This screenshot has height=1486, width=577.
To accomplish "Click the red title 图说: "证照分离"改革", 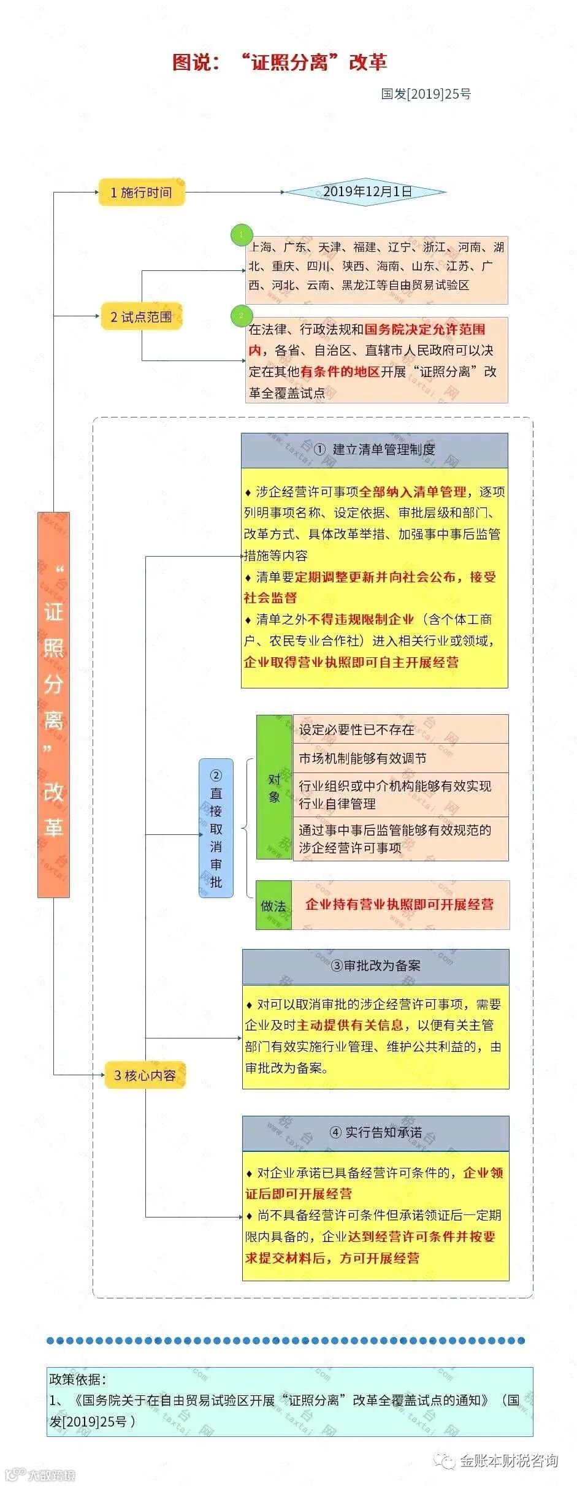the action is [280, 62].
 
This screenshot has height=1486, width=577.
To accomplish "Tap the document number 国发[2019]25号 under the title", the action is [426, 94].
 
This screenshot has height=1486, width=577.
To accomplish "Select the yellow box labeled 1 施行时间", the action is [142, 192].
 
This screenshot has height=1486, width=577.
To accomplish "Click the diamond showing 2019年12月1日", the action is [367, 192].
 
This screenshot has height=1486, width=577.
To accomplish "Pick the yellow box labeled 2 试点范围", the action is [141, 317].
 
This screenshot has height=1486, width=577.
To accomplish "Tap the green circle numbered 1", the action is [241, 234].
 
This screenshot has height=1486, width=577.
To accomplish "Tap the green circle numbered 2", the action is [241, 316].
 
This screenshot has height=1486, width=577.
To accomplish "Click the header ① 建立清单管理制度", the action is [374, 450].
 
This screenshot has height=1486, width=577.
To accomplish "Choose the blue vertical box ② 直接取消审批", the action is [216, 828].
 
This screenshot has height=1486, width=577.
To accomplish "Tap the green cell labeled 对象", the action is [274, 787].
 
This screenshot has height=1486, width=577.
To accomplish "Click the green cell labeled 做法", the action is [273, 905].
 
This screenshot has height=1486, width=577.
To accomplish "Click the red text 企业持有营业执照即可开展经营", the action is [400, 904].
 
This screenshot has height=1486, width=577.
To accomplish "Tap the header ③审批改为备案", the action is [375, 966].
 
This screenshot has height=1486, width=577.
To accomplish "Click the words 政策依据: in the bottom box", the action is [78, 1379].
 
